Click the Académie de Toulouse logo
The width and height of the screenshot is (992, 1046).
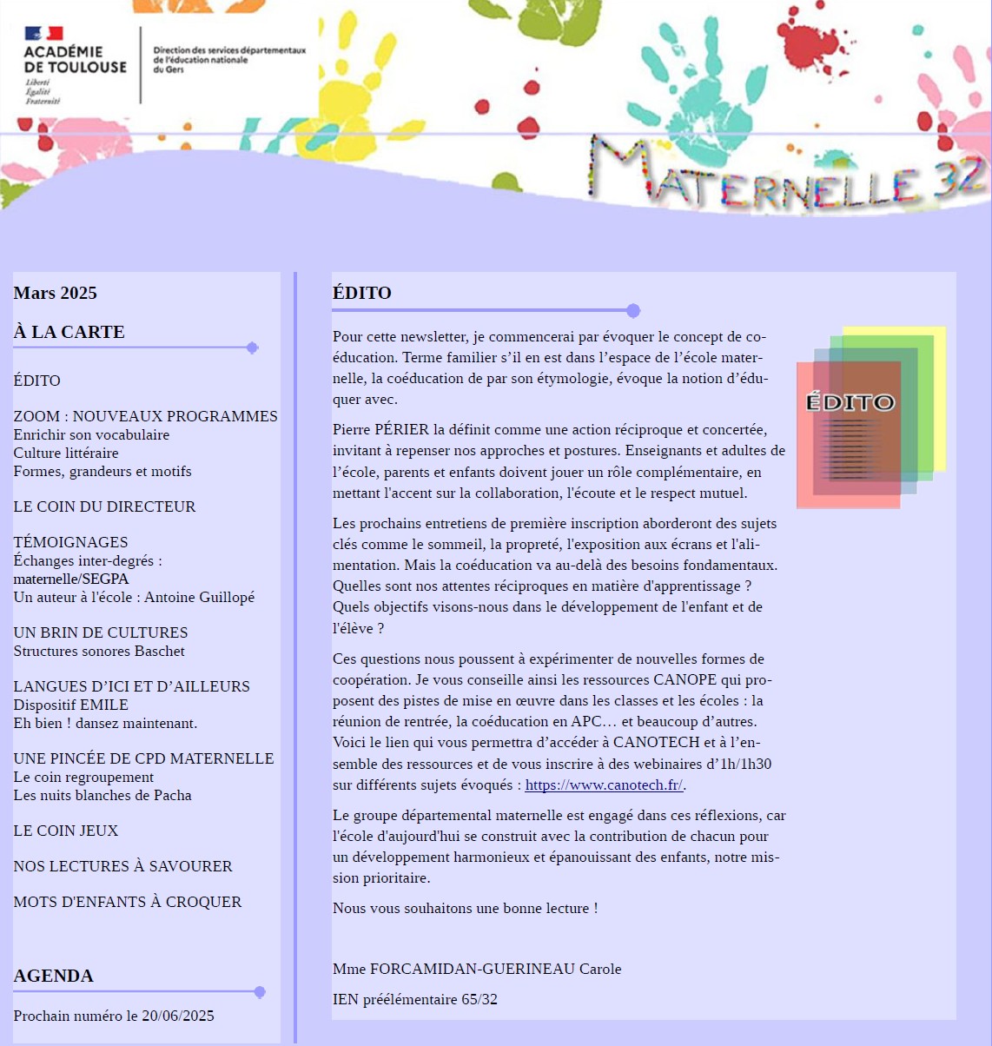tap(75, 65)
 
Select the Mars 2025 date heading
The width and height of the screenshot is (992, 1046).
tap(56, 293)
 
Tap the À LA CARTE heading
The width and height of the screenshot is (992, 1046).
tap(69, 332)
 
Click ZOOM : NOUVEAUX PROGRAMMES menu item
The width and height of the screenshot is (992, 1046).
tap(145, 416)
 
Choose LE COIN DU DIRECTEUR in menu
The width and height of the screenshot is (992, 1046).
tap(104, 506)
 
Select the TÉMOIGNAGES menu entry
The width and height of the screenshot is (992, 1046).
tap(70, 542)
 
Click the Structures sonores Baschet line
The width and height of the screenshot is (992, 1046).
tap(99, 651)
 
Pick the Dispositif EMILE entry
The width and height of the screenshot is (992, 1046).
tap(70, 705)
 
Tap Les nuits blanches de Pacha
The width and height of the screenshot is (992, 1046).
tap(103, 795)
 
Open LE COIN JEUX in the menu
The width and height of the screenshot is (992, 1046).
tap(66, 831)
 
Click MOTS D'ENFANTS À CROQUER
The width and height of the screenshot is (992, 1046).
tap(128, 902)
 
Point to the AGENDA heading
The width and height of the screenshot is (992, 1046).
tap(54, 976)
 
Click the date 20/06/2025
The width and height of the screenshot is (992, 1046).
tap(178, 1016)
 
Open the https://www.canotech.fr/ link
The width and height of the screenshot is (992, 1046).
tap(604, 784)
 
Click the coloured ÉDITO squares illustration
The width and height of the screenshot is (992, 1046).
tap(870, 416)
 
